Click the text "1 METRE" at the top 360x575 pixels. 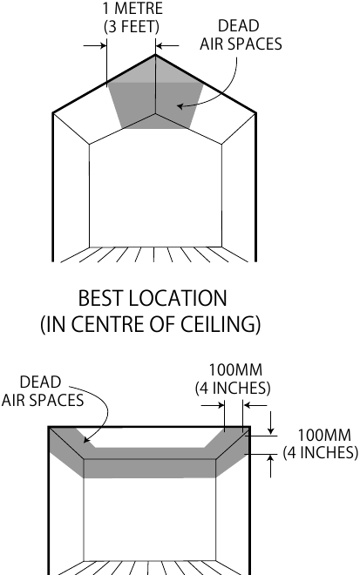(132, 8)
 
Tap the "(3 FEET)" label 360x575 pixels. (132, 26)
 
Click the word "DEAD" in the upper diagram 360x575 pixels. (239, 25)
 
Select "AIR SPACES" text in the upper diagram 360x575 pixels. (241, 44)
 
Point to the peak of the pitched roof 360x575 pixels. (155, 55)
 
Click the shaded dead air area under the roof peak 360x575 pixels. (156, 99)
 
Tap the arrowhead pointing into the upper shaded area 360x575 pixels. (180, 106)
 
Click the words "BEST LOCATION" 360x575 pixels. (153, 298)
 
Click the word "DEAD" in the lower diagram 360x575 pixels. (40, 382)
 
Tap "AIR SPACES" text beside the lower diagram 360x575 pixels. (43, 400)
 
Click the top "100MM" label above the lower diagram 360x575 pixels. (235, 369)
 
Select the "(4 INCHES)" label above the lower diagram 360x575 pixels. (233, 388)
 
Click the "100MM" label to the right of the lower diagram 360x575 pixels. (324, 435)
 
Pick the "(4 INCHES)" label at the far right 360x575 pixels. (321, 452)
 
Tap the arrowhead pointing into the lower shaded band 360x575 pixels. (86, 440)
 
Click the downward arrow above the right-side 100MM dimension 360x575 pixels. (271, 423)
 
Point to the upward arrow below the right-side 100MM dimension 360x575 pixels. (271, 466)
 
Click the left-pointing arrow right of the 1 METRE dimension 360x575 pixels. (167, 46)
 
